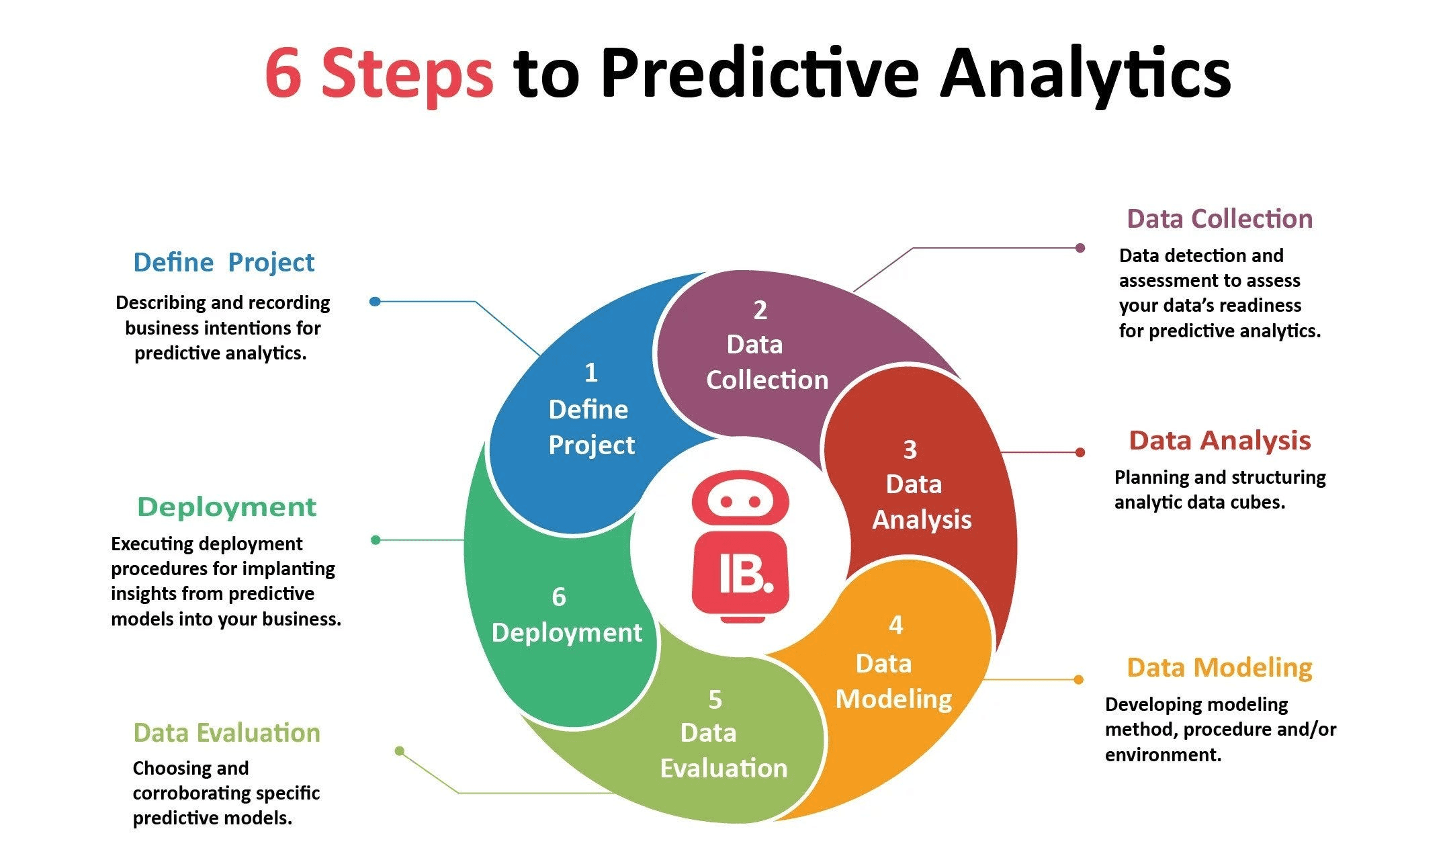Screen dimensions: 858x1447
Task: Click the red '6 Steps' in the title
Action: [x=380, y=73]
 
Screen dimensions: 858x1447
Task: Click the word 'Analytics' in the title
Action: [x=1084, y=73]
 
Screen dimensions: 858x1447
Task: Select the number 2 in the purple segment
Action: [x=760, y=310]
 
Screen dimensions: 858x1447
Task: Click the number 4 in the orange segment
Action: [x=895, y=626]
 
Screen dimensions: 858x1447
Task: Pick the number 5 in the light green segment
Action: [x=715, y=700]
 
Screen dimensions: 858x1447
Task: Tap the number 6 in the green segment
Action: [x=558, y=597]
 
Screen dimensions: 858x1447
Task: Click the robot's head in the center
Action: [x=740, y=501]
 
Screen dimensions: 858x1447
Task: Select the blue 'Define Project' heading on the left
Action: [x=224, y=262]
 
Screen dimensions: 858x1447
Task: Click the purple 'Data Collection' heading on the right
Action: [x=1219, y=219]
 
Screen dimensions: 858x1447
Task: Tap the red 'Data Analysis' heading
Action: [x=1219, y=441]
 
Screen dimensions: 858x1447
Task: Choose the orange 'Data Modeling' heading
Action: [x=1219, y=668]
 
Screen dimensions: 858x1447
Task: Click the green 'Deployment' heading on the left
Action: [x=226, y=507]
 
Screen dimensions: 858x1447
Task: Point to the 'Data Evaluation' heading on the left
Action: [x=226, y=732]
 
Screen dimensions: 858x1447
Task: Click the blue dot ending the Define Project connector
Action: [x=375, y=302]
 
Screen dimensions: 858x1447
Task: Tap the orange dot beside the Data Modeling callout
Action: [x=1078, y=679]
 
